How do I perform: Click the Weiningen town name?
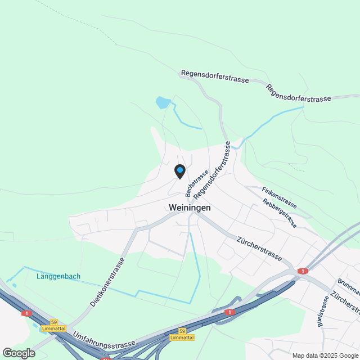tap(190, 208)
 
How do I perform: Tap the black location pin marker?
tap(179, 171)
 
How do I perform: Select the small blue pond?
tap(163, 102)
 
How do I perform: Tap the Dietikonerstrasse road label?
tap(106, 283)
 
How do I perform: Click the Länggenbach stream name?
tap(58, 276)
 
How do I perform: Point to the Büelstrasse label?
tap(322, 311)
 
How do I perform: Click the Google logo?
tap(18, 353)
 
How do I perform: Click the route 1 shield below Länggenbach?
tap(25, 313)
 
